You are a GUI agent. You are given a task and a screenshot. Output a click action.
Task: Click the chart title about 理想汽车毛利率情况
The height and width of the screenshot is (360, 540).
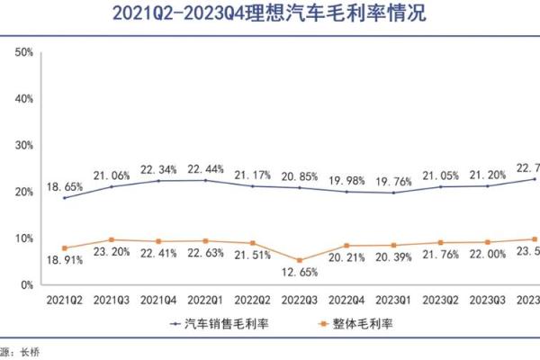270,14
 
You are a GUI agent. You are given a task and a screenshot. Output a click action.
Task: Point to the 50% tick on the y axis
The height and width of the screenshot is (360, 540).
23,52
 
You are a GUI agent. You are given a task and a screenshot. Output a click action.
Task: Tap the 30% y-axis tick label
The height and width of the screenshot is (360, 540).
23,145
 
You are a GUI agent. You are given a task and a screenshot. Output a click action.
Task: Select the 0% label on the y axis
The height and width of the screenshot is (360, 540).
26,284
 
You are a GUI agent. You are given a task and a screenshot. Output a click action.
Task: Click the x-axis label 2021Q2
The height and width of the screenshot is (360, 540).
65,298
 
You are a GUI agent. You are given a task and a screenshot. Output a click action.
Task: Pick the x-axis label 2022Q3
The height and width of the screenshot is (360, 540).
299,298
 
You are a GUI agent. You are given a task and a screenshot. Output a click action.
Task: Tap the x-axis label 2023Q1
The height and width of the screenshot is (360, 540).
393,298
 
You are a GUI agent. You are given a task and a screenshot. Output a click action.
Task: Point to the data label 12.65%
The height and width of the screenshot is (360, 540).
299,272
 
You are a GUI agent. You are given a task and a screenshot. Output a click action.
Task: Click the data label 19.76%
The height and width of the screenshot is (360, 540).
393,180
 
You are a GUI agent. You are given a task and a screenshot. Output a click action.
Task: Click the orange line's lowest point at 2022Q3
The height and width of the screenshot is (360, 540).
299,260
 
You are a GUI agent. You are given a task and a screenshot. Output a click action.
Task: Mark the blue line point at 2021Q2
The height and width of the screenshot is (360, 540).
65,197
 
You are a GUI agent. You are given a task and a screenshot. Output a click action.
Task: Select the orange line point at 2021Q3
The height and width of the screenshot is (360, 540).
112,239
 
